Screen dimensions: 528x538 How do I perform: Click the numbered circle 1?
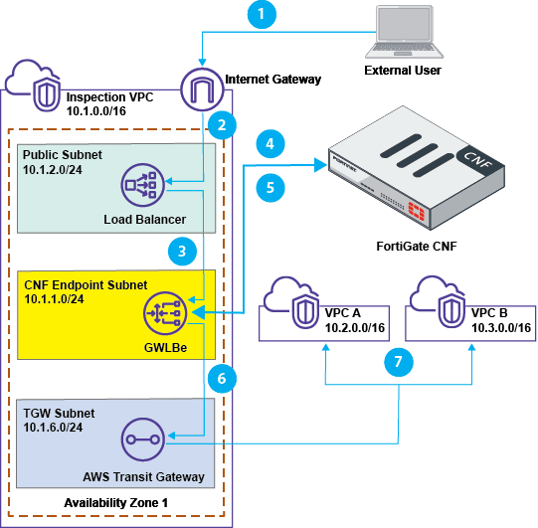tap(262, 16)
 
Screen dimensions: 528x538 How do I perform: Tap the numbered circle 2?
tap(224, 125)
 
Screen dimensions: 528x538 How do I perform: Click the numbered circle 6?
tap(224, 379)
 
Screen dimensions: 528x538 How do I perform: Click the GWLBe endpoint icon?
tap(164, 312)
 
